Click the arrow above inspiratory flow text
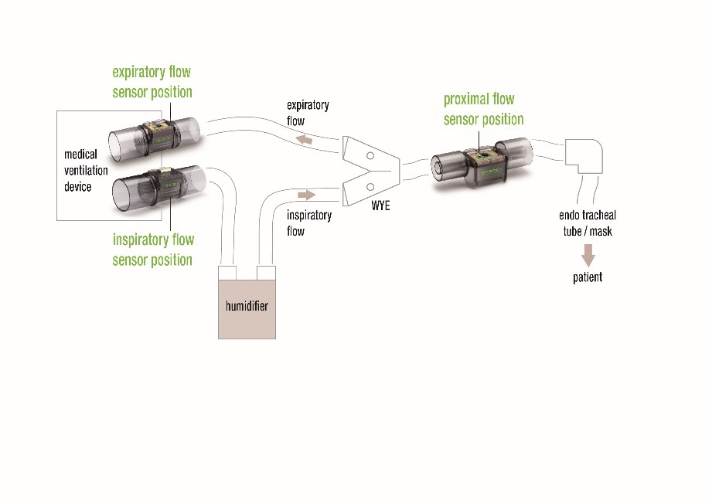click(x=307, y=194)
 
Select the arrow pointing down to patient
click(x=588, y=255)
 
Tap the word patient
click(x=588, y=277)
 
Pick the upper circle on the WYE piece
click(x=370, y=156)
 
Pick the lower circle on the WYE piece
click(x=370, y=186)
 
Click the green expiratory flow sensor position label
click(x=152, y=82)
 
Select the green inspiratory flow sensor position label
click(x=152, y=250)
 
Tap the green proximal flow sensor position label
click(x=482, y=109)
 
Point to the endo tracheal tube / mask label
click(x=588, y=223)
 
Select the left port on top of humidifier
click(x=229, y=273)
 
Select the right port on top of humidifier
click(x=266, y=273)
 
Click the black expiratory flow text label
click(x=307, y=113)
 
